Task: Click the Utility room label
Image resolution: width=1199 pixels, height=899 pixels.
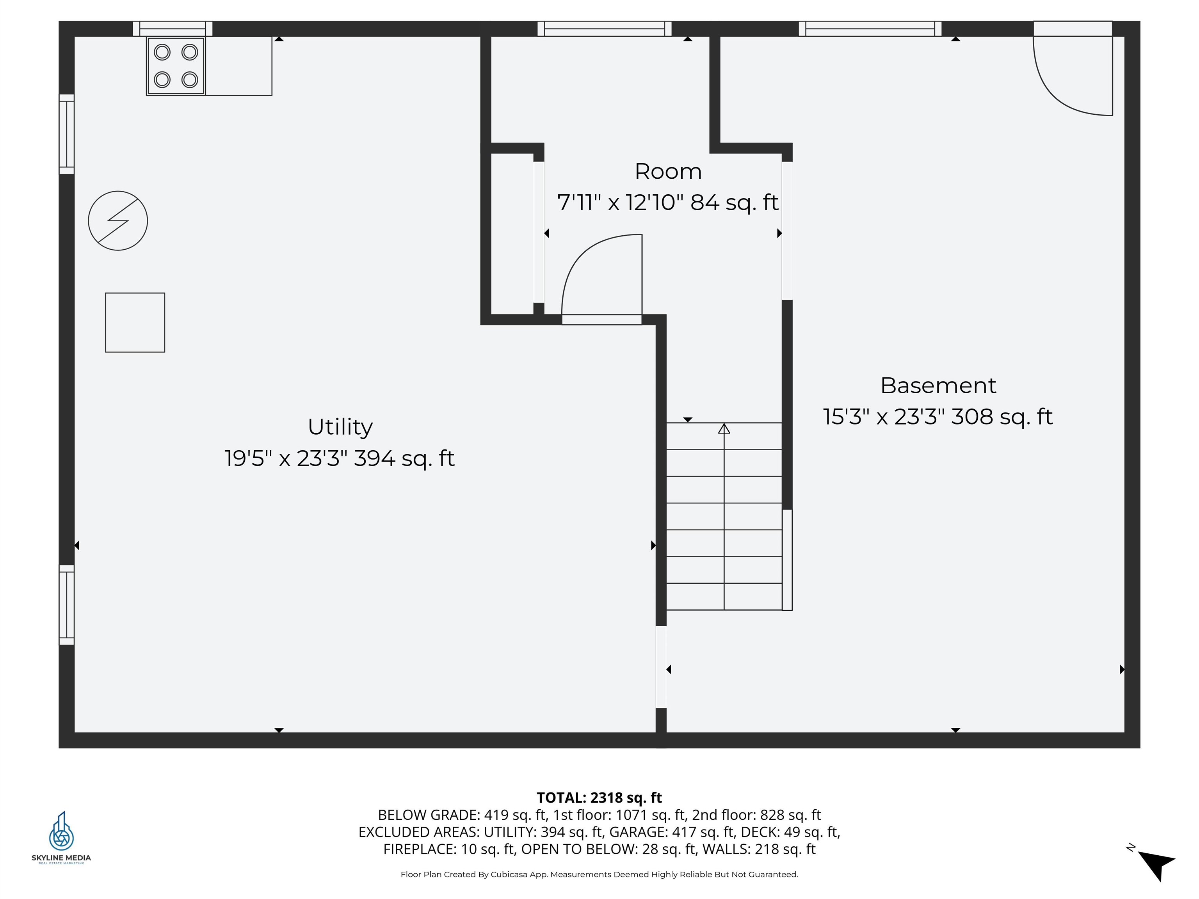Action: pos(340,427)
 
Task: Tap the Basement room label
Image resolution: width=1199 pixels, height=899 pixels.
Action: pos(938,386)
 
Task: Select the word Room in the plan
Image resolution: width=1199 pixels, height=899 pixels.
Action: pos(668,172)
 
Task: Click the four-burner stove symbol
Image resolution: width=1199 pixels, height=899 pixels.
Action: pos(176,66)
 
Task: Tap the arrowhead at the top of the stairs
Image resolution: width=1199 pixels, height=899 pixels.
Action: pos(724,429)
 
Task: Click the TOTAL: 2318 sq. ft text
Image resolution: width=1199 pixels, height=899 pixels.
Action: pos(599,798)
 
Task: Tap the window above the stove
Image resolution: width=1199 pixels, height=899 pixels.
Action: pos(173,29)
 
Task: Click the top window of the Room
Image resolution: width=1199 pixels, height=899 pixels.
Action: pos(604,29)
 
